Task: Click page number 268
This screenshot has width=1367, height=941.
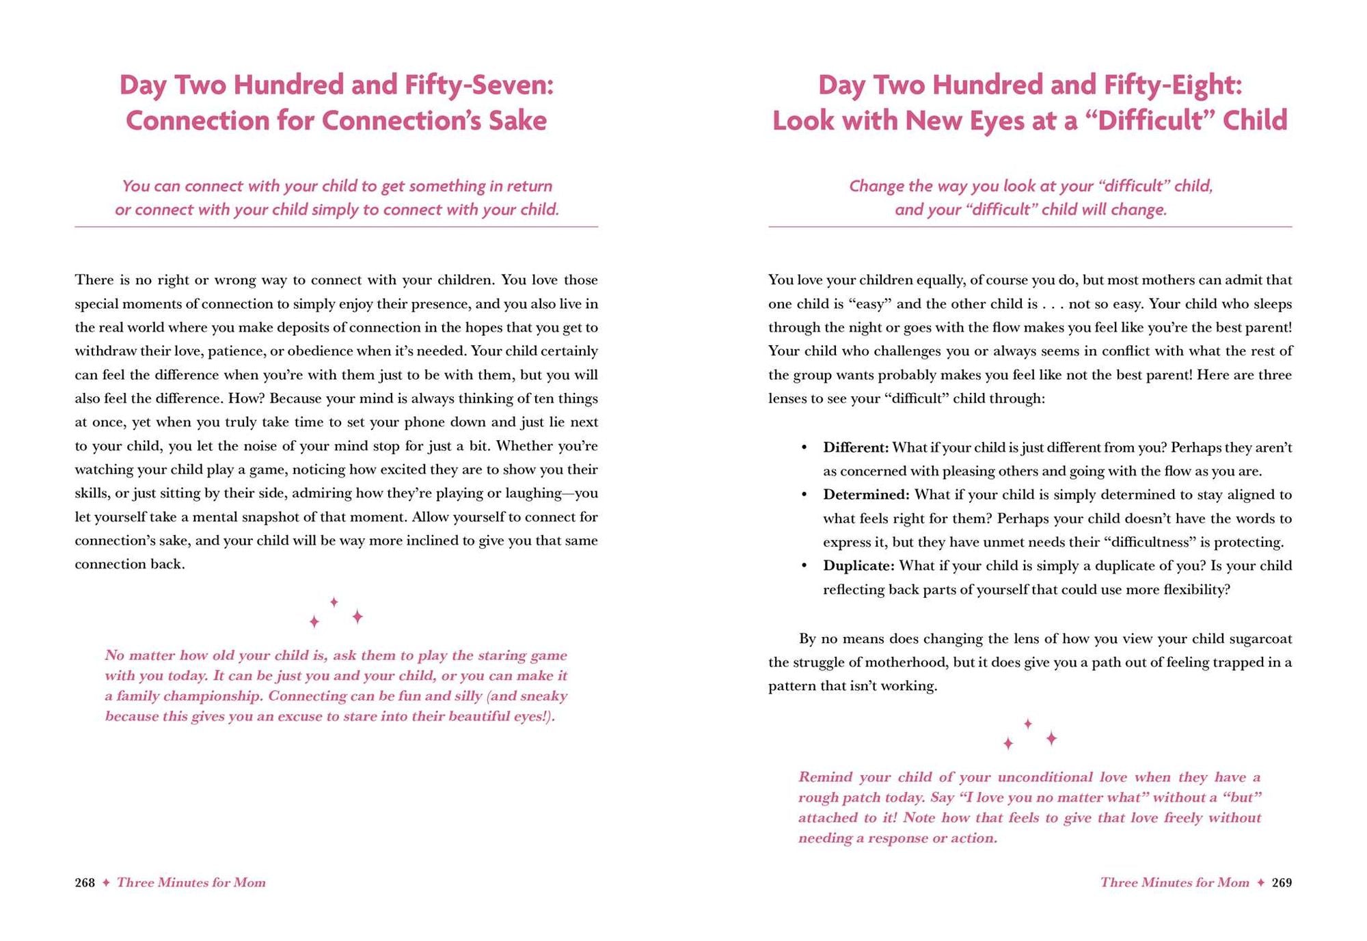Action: coord(85,882)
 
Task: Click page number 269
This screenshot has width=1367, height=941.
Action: coord(1282,882)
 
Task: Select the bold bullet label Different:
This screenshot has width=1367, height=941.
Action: coord(856,448)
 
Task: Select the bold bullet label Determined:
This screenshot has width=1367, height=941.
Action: coord(866,495)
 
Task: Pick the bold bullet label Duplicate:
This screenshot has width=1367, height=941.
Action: coord(858,566)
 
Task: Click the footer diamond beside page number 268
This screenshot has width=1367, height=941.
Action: coord(106,882)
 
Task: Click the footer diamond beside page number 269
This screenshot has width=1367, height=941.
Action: coord(1260,882)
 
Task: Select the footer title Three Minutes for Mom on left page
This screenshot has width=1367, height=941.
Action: coord(191,882)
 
